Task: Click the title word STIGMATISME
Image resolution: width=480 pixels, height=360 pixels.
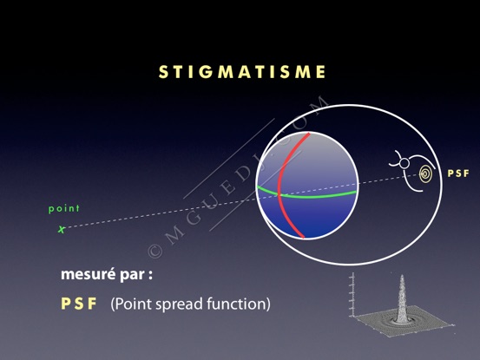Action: tap(242, 72)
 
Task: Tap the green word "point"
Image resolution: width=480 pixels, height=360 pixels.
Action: tap(64, 208)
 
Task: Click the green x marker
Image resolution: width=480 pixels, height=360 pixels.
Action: tap(62, 229)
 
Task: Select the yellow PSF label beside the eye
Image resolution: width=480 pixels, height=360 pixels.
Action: tap(458, 173)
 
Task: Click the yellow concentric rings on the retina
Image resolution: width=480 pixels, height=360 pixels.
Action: tap(426, 174)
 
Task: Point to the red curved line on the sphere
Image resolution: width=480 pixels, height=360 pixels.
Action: tap(279, 187)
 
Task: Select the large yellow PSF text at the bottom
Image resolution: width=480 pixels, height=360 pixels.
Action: tap(79, 304)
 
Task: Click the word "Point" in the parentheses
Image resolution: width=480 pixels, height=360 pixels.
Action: tap(133, 304)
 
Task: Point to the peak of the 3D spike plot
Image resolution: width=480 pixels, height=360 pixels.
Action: tap(402, 276)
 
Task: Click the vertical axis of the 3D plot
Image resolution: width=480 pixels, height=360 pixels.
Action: tap(353, 295)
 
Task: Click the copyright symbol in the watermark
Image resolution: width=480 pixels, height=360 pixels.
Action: tap(155, 251)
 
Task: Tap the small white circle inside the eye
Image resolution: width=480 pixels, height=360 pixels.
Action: tap(404, 164)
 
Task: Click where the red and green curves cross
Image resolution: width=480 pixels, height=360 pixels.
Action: tap(279, 194)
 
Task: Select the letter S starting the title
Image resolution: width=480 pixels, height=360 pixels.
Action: tap(163, 72)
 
